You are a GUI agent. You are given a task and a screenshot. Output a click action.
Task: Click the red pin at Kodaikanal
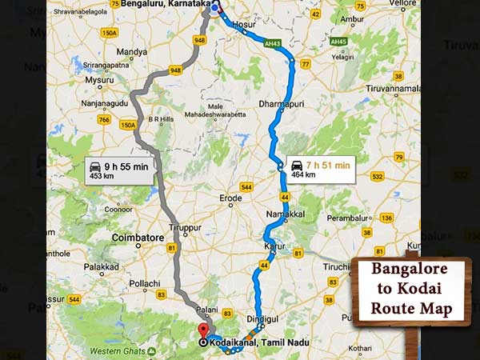click(202, 330)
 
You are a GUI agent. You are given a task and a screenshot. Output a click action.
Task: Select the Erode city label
click(230, 198)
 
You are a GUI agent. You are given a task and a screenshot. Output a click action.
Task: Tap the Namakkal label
click(284, 215)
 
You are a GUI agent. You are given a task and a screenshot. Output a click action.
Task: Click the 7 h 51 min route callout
click(319, 170)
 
